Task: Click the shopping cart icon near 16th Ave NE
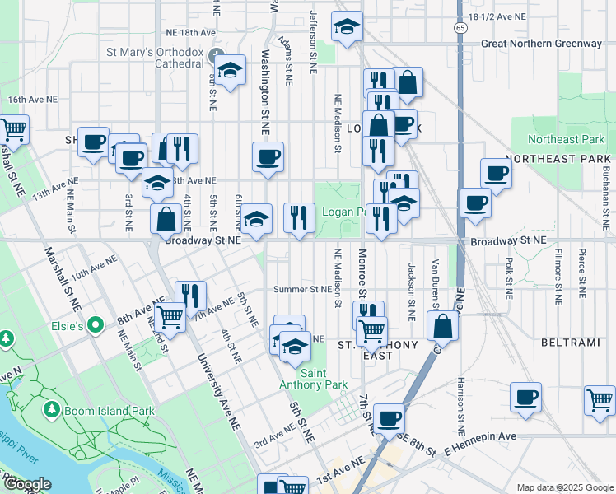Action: coord(12,128)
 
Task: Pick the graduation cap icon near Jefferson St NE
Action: coord(348,27)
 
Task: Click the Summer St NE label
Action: coord(301,289)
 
